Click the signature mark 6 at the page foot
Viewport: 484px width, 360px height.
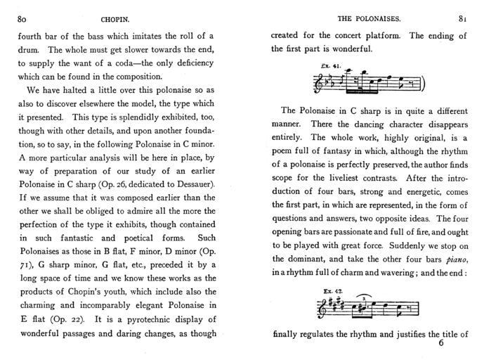[441, 344]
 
